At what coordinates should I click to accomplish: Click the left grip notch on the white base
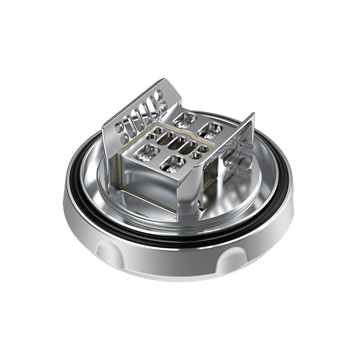[x=107, y=252]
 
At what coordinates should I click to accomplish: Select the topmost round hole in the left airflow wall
[x=159, y=94]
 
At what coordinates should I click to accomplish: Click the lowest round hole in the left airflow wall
[x=124, y=139]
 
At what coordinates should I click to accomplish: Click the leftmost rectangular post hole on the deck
[x=147, y=153]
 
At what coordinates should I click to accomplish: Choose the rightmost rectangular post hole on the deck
[x=210, y=130]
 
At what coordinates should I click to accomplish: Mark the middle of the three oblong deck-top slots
[x=177, y=143]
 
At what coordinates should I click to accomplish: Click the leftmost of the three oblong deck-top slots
[x=165, y=138]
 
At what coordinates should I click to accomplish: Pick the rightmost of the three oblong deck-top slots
[x=188, y=147]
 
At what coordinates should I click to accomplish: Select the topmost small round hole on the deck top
[x=159, y=130]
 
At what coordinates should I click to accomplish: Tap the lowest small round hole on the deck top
[x=196, y=155]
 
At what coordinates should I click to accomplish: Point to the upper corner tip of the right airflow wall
[x=254, y=113]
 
